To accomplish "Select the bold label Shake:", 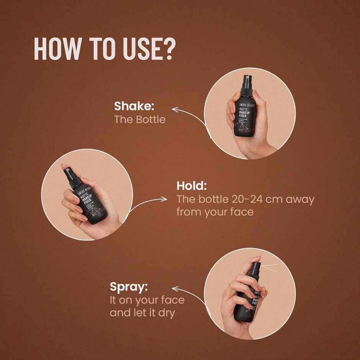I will (134, 106).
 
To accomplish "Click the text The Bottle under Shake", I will (140, 119).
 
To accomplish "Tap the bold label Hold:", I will (191, 186).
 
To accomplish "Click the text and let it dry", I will (142, 313).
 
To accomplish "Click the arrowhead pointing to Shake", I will (175, 110).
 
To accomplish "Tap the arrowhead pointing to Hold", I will (164, 199).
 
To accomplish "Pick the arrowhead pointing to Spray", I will (175, 288).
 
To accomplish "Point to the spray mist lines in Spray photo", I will (270, 267).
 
